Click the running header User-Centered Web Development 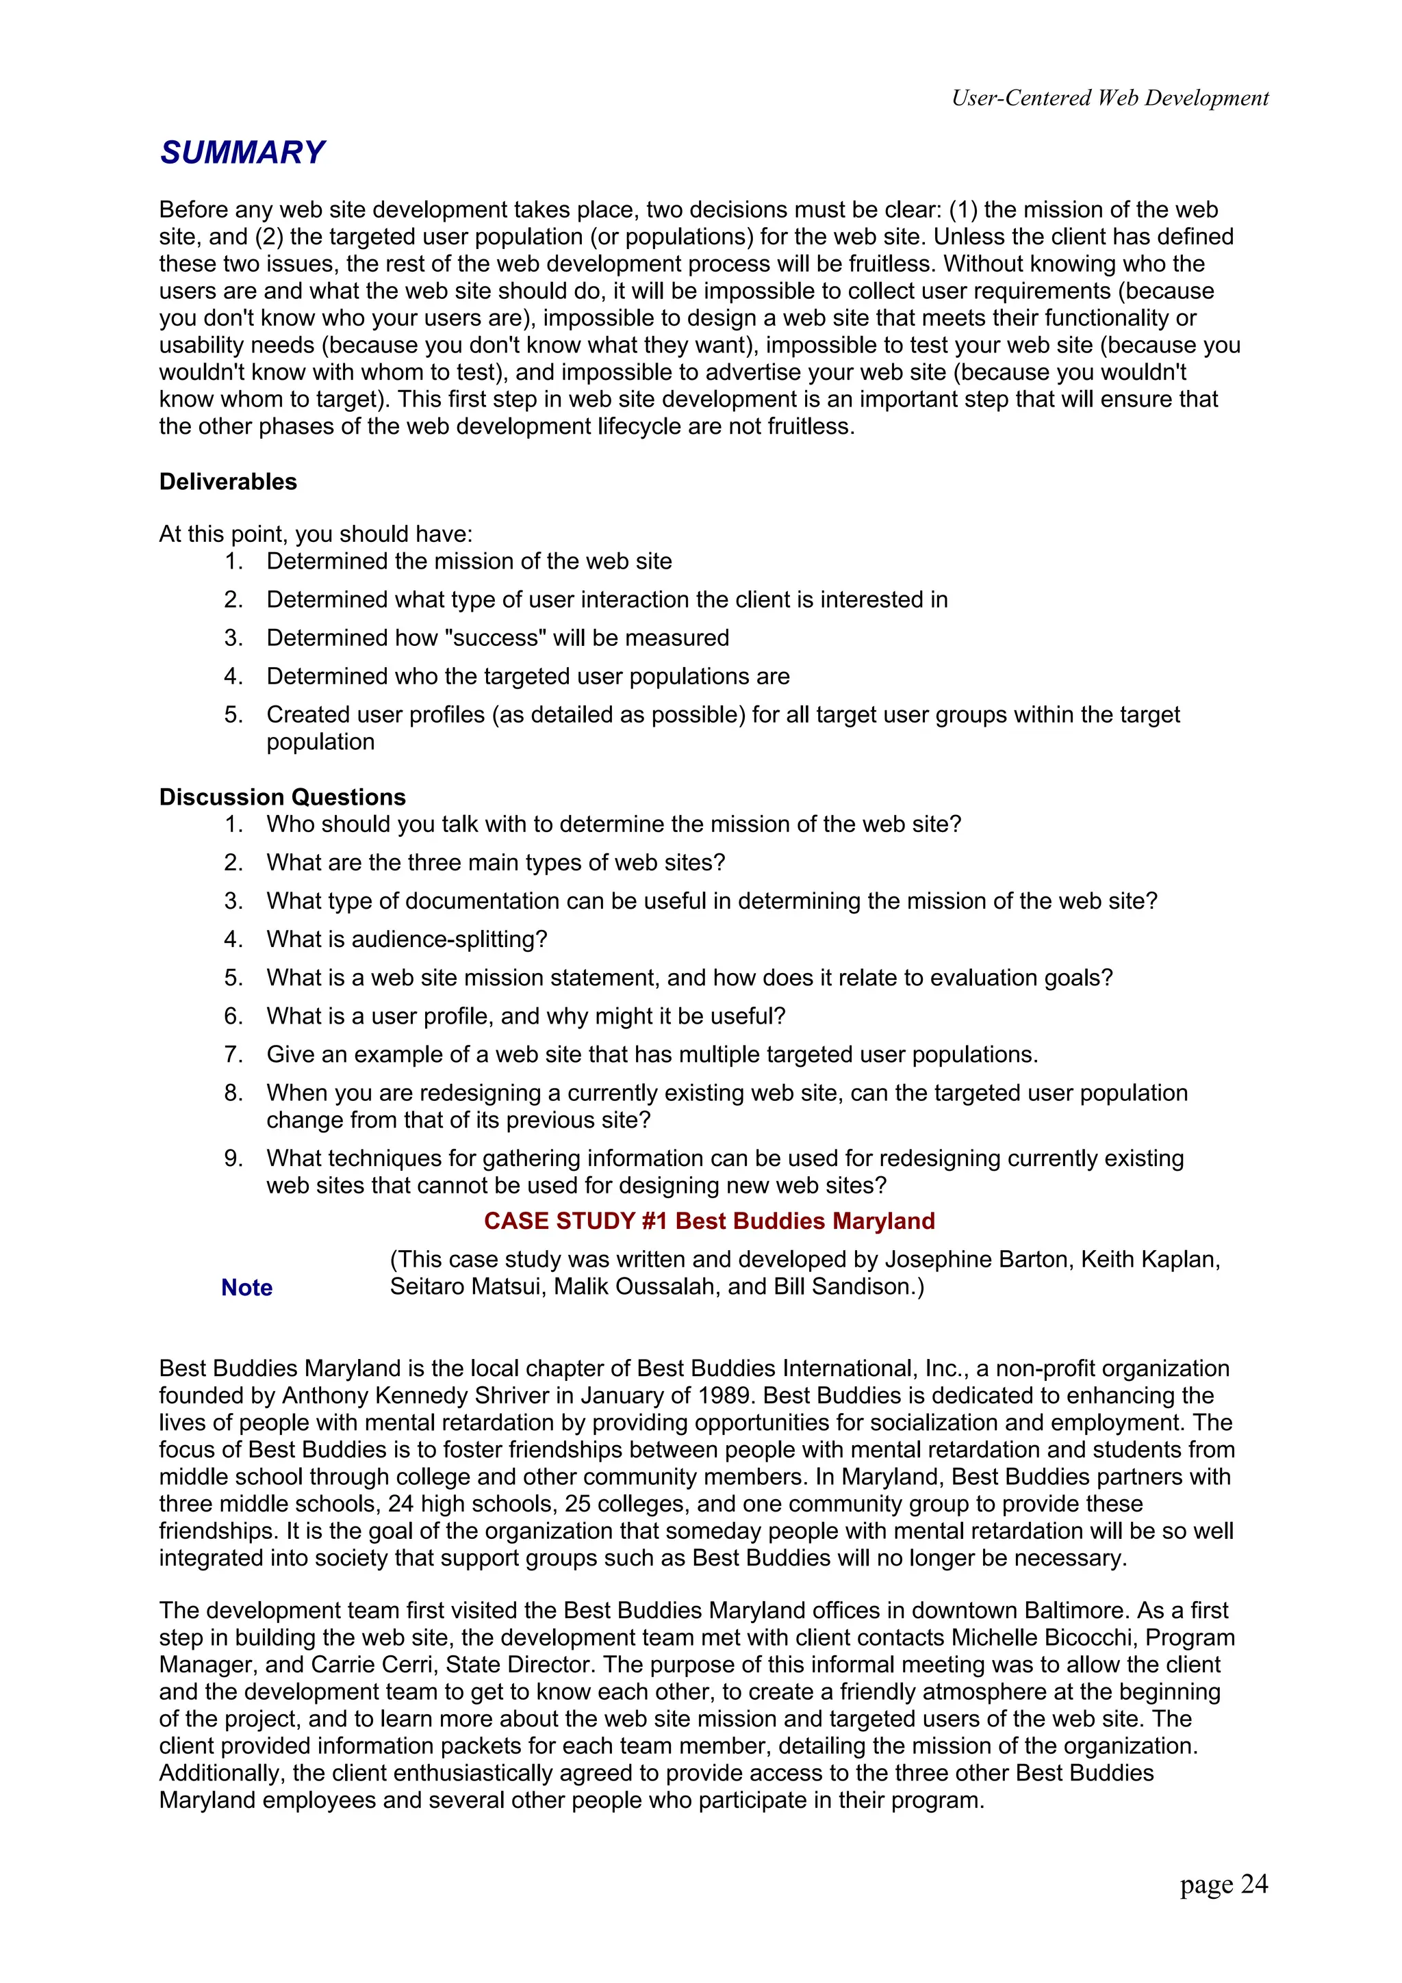[x=1109, y=98]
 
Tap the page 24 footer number [x=1223, y=1884]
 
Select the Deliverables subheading [x=228, y=482]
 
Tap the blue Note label [x=247, y=1287]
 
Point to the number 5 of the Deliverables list [x=232, y=714]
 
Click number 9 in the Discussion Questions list [x=232, y=1158]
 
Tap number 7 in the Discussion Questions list [x=232, y=1054]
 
